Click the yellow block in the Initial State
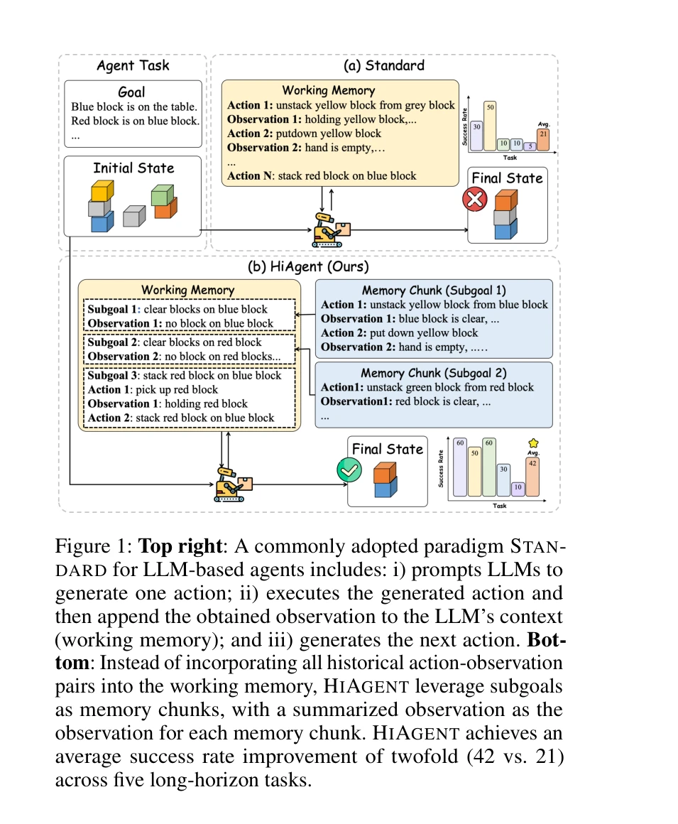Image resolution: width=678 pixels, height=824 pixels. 100,190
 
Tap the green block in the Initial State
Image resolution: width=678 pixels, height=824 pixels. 163,193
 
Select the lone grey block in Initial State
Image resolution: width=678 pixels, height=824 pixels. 133,215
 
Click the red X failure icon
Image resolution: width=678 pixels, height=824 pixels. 474,200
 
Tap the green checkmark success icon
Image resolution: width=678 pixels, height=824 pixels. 349,470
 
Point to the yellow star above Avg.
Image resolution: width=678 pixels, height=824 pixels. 534,443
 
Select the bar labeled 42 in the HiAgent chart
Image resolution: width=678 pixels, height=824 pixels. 533,476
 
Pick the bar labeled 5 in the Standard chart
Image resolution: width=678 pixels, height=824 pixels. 530,146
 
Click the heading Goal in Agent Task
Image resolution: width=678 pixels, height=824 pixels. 132,92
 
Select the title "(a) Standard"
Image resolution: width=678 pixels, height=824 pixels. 383,66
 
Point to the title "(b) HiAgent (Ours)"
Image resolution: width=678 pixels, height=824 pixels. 308,267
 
